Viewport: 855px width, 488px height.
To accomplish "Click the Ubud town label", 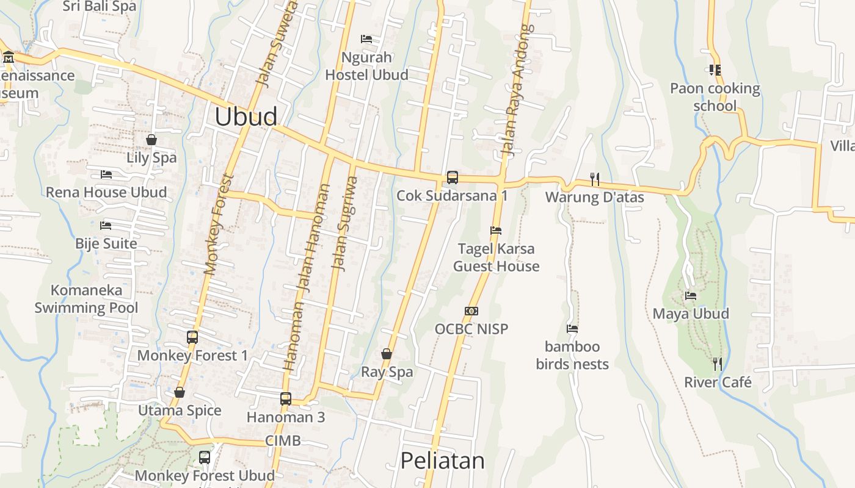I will [x=246, y=117].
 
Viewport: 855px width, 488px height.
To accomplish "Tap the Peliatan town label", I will [x=442, y=461].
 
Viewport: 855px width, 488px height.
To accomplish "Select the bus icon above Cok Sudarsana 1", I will [x=452, y=178].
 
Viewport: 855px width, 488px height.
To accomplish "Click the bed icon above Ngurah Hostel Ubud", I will [x=366, y=39].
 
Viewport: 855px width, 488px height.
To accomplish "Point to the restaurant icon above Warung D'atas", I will [x=594, y=179].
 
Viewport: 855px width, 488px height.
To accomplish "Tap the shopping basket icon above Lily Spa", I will [x=151, y=140].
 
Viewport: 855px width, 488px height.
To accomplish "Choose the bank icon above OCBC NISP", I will [x=471, y=311].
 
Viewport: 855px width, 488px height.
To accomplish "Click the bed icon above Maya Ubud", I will [x=691, y=296].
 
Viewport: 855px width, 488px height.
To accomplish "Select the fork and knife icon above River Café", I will [x=718, y=364].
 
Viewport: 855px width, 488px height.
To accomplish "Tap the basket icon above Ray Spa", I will [x=387, y=354].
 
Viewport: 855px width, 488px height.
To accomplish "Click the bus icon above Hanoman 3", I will [x=285, y=399].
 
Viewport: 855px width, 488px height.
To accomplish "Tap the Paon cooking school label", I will [x=715, y=97].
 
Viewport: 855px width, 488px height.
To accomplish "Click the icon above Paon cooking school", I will [x=715, y=70].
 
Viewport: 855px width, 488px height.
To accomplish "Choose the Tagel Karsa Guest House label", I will [x=496, y=257].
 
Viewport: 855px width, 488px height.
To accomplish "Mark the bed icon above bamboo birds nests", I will [x=572, y=329].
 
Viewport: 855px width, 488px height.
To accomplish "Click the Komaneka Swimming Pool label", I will [x=86, y=299].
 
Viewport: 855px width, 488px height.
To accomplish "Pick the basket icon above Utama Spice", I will [x=180, y=392].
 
